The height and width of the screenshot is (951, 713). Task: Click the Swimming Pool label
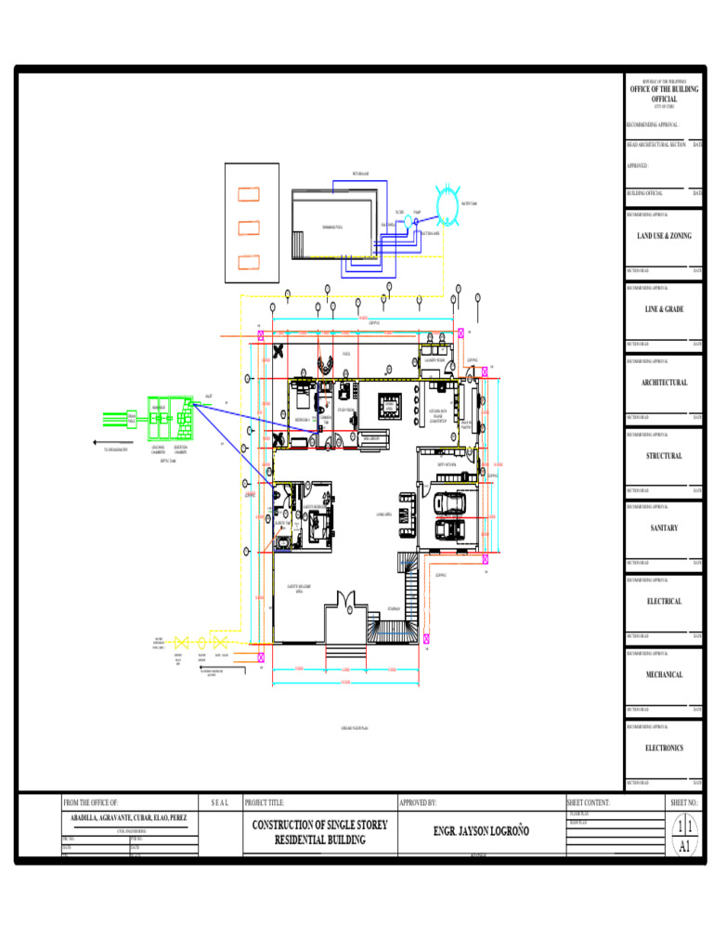pos(331,227)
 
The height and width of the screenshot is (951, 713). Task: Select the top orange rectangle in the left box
pos(248,194)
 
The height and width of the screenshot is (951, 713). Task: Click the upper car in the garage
pos(450,502)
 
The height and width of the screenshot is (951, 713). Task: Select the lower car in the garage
pos(450,528)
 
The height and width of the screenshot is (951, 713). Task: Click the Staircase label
pos(394,610)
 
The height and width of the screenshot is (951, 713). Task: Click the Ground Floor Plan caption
pos(355,728)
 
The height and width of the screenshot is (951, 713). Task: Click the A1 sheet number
pos(684,846)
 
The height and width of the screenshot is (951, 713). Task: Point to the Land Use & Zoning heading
pos(664,237)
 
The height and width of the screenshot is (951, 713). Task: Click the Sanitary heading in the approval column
pos(664,528)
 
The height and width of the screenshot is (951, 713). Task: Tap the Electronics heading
pos(664,748)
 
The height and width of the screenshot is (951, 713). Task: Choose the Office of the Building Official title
pos(664,94)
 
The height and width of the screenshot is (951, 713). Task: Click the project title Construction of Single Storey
pos(319,825)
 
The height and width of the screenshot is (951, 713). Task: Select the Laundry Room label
pos(434,360)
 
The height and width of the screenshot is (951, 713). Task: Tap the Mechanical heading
pos(664,675)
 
